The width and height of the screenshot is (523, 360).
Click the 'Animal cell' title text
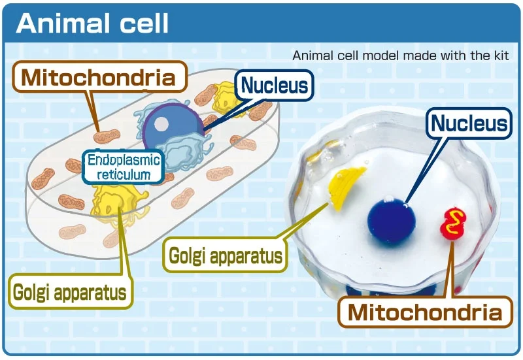click(x=93, y=24)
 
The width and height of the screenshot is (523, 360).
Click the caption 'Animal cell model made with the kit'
click(x=400, y=56)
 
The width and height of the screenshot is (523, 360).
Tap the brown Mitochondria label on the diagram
click(x=99, y=78)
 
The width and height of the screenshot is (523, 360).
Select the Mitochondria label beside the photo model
click(x=425, y=312)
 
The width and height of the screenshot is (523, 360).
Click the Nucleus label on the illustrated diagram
click(x=275, y=85)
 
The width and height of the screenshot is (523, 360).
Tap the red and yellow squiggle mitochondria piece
click(x=452, y=223)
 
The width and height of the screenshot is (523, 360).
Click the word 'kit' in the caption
click(x=500, y=56)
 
